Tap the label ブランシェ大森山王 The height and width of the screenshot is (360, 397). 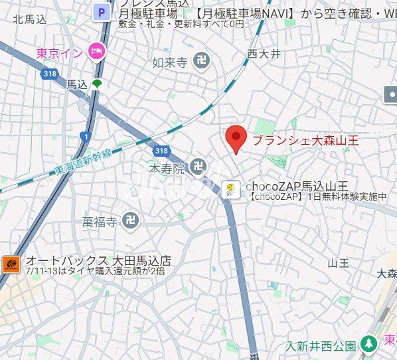(306, 140)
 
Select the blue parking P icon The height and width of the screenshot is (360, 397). (102, 11)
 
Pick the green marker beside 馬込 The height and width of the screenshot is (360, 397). (98, 84)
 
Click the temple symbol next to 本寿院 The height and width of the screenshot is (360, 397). (197, 166)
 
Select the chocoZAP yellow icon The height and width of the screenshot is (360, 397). (230, 189)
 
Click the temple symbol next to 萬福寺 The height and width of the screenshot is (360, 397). (131, 221)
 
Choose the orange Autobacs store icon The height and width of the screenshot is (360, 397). (11, 264)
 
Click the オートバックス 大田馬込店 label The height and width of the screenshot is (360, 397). (98, 260)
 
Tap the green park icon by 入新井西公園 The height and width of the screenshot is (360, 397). (369, 345)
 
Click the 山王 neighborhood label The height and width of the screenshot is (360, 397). (338, 263)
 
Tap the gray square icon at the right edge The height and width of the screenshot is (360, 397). (391, 96)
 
